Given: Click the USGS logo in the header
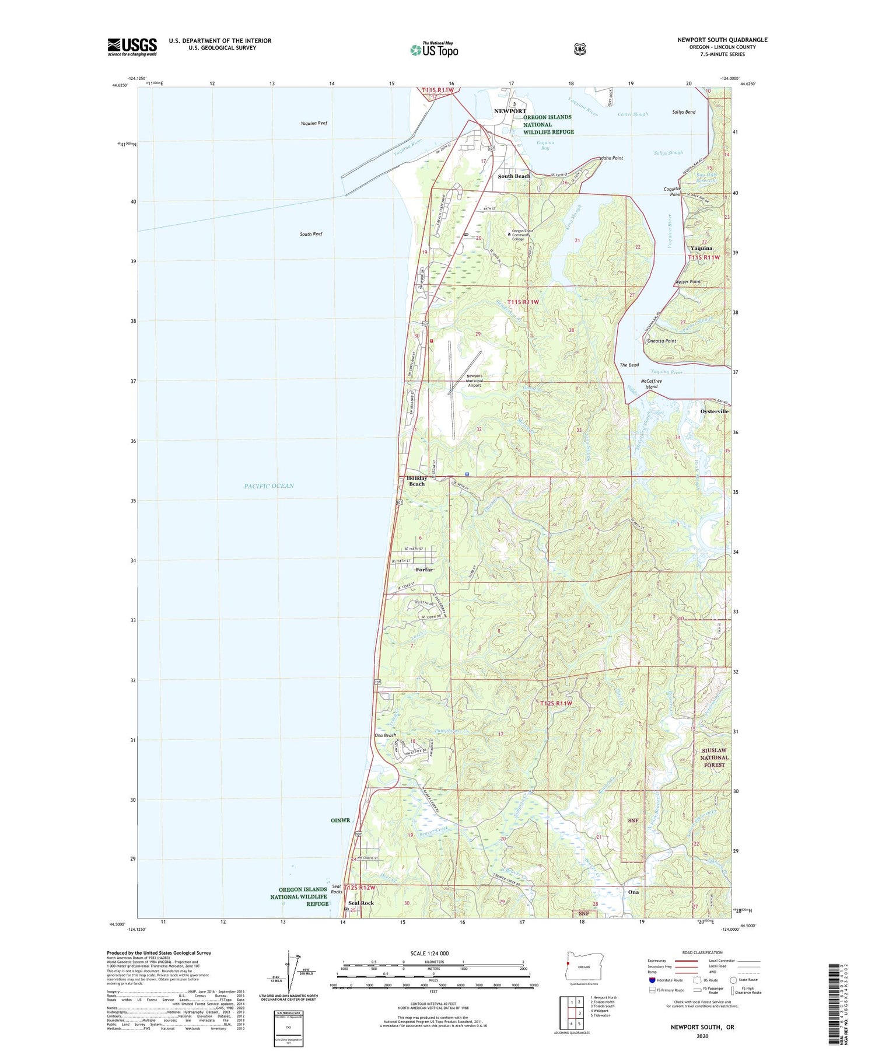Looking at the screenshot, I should pos(132,47).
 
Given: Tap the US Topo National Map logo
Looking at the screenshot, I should pos(434,49).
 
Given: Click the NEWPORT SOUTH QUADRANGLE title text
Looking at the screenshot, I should pos(722,40).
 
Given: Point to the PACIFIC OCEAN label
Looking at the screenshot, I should pos(269,486).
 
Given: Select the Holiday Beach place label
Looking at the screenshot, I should pos(416,481).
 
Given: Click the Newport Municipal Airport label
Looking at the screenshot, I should pos(474,380).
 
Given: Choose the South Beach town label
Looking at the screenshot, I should pos(514,176).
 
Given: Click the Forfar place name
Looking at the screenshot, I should pos(424,570).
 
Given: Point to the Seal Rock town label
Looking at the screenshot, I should pos(360,903).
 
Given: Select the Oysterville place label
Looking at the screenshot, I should pos(714,411).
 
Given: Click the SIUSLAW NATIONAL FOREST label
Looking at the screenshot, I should pos(714,757).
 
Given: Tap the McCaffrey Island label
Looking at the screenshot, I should pos(652,383).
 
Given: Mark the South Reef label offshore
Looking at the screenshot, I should pos(311,234).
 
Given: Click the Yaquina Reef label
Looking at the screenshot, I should pos(314,123).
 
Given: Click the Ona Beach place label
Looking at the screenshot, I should pos(385,736).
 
